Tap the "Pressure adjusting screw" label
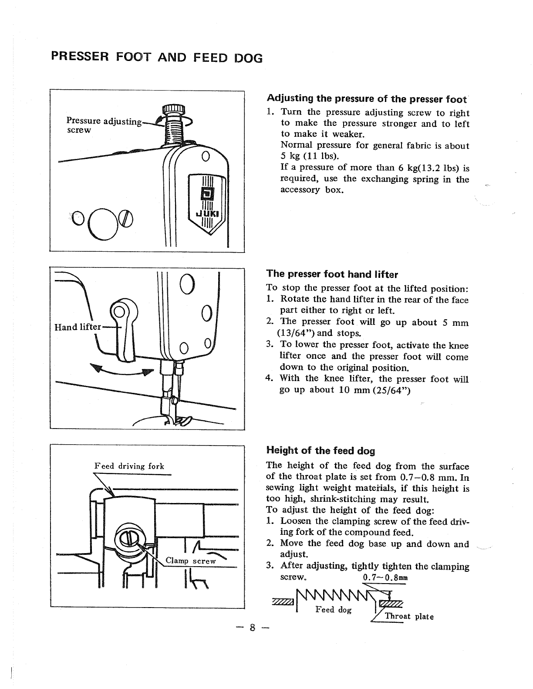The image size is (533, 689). point(104,125)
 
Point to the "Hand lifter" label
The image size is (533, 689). point(78,327)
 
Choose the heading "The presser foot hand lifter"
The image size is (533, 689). point(332,274)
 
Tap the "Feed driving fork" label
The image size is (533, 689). point(129,466)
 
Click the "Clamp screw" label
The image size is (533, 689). point(191,561)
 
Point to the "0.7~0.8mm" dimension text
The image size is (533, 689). point(385,578)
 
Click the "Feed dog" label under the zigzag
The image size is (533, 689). point(333,610)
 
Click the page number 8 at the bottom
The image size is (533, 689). point(251,628)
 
